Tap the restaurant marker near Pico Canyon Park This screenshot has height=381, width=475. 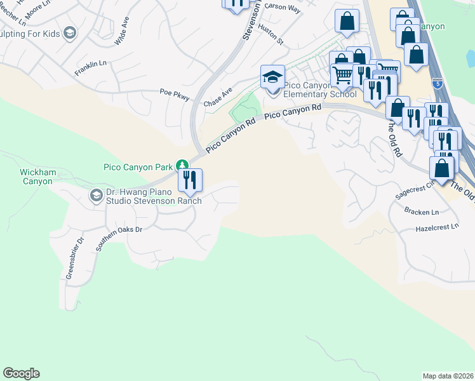point(190,181)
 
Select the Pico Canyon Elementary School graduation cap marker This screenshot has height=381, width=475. point(272,79)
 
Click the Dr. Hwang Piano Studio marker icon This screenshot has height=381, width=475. point(96,195)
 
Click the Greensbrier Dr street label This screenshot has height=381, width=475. point(75,258)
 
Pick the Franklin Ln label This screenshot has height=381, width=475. point(90,68)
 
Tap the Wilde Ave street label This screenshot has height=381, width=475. point(121,30)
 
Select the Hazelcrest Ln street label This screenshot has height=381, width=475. point(436,227)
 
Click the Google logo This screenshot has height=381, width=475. point(21,373)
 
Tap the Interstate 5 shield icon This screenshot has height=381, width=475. point(436,83)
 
